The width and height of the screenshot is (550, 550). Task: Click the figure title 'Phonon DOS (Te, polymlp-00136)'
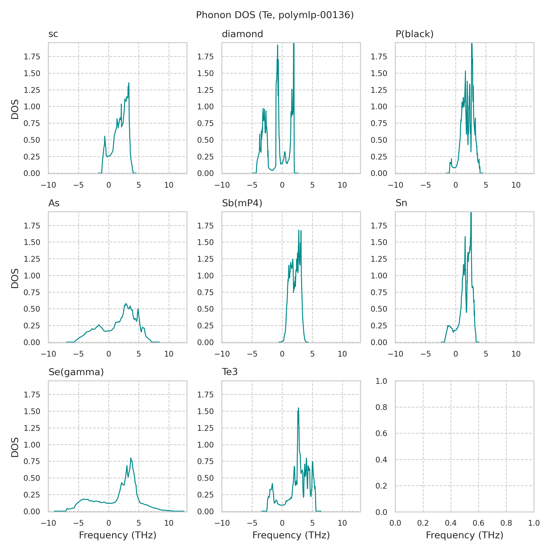click(x=275, y=15)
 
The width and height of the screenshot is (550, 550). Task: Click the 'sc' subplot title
click(x=53, y=34)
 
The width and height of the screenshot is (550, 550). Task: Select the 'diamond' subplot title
click(x=242, y=34)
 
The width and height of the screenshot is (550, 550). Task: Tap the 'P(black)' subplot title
click(x=415, y=34)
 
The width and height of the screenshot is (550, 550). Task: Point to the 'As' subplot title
click(x=54, y=203)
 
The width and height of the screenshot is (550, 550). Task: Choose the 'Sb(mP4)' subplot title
click(x=242, y=203)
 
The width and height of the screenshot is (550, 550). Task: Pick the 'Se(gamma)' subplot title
click(x=76, y=372)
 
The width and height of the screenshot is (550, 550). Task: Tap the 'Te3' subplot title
click(x=230, y=372)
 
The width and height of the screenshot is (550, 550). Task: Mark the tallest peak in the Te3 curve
click(x=298, y=408)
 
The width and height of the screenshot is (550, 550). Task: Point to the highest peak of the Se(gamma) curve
click(x=131, y=458)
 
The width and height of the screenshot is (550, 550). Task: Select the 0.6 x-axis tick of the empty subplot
click(x=478, y=523)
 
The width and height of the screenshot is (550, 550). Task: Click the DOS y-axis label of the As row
click(x=15, y=278)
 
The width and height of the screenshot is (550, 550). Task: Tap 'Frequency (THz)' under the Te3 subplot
click(x=291, y=535)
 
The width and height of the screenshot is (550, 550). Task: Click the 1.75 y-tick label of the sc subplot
click(x=32, y=57)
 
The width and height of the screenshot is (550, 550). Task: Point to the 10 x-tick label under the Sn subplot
click(x=516, y=354)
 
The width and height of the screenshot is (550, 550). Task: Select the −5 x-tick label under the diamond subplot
click(x=252, y=185)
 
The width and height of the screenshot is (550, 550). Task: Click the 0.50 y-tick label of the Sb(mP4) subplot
click(x=205, y=309)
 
